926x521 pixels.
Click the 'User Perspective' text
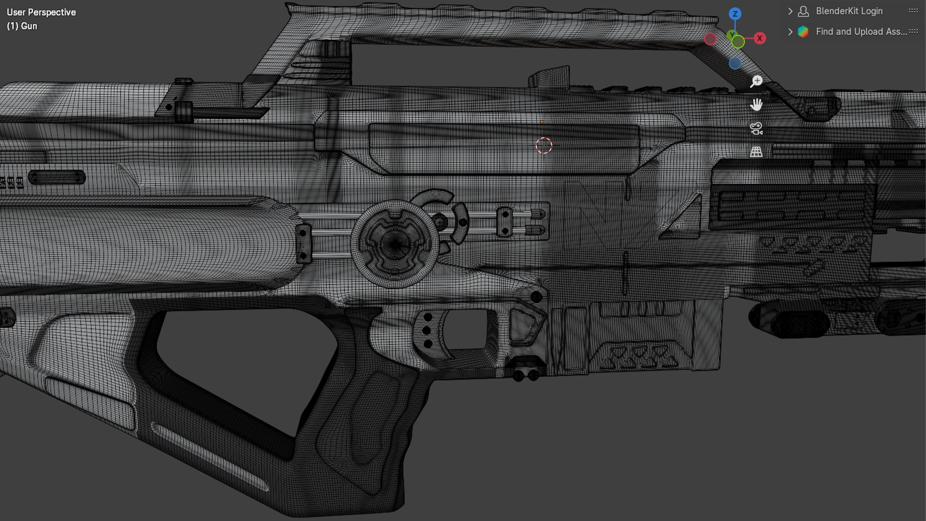(41, 13)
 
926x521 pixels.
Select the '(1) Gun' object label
(22, 26)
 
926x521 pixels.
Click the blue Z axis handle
(735, 14)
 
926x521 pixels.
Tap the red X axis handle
(760, 38)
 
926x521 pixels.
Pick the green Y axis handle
(737, 41)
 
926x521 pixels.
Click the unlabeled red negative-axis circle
(710, 39)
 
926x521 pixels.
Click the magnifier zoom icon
(756, 81)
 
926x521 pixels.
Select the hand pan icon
(756, 105)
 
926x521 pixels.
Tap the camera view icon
(756, 128)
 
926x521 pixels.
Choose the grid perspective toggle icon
(756, 152)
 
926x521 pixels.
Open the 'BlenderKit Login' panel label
(849, 11)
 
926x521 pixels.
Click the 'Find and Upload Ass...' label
(861, 32)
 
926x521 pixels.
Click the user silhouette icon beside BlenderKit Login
(803, 11)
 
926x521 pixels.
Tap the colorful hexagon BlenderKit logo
(803, 32)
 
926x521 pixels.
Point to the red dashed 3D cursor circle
(544, 145)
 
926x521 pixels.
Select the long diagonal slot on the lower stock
(210, 456)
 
